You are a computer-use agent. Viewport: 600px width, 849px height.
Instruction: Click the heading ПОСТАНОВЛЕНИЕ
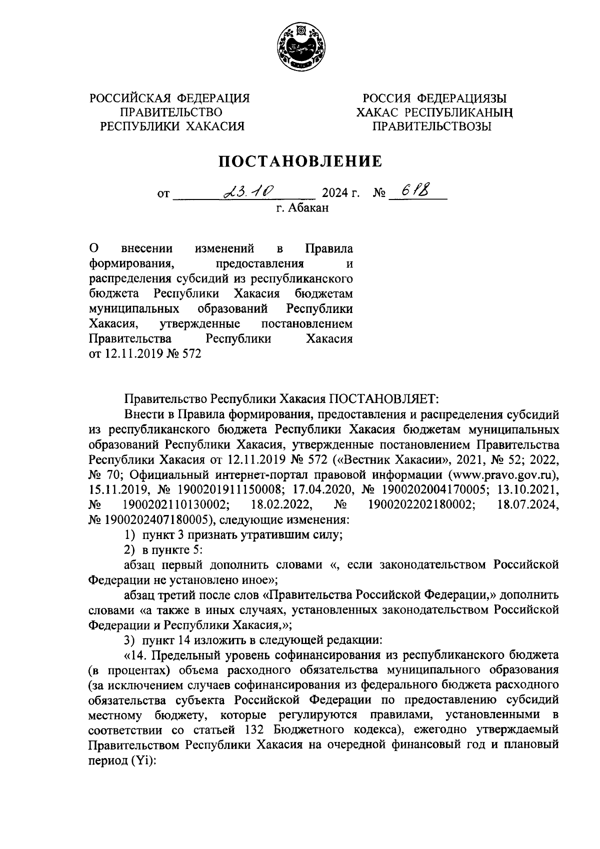point(299,161)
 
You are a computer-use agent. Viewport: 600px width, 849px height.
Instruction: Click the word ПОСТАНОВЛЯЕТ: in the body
point(383,399)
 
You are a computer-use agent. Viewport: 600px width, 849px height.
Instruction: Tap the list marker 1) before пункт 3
point(129,534)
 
